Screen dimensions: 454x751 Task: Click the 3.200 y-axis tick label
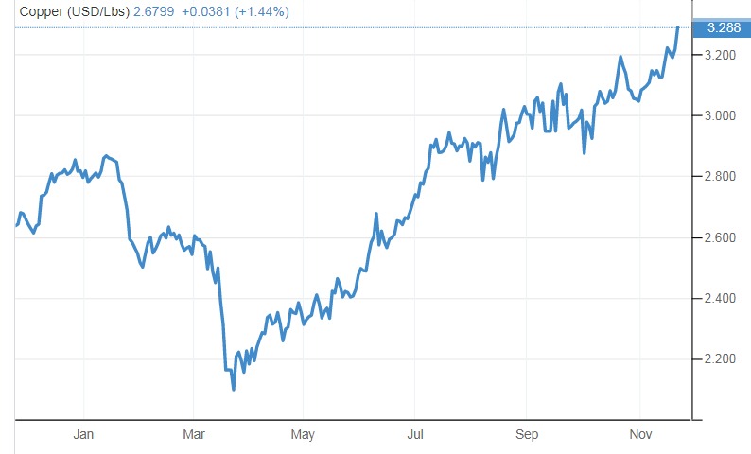721,55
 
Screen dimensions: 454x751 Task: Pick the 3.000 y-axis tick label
721,116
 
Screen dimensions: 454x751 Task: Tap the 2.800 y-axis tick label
721,177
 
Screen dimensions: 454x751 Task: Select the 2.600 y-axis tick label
721,237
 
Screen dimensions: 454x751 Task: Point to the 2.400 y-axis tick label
721,299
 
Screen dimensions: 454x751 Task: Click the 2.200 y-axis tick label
721,359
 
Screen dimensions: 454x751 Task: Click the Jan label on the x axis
83,434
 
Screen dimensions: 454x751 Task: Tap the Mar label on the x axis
194,434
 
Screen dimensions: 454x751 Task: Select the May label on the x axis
303,434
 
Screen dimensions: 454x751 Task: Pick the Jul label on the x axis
414,434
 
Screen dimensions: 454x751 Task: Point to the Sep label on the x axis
527,434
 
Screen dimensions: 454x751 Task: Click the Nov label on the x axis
639,434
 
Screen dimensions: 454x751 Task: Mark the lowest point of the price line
233,390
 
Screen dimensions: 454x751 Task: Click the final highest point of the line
678,27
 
